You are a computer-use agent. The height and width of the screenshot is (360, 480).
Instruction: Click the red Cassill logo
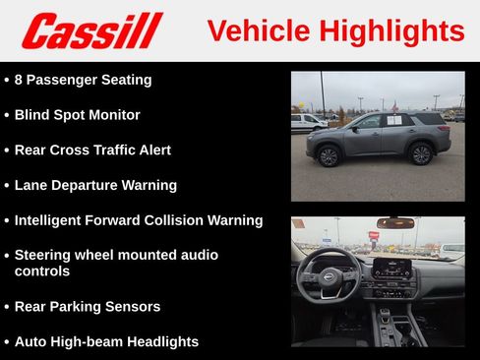(x=91, y=30)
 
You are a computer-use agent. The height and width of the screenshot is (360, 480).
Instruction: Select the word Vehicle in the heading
(x=256, y=30)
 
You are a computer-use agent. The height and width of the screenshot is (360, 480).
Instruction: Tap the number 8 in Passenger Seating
(x=20, y=80)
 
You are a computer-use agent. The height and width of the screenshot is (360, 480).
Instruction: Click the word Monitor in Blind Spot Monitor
(x=112, y=115)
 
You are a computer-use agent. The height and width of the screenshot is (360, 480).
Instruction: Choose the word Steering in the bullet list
(x=45, y=255)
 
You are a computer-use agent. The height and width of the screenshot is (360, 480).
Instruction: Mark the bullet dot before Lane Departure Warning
(x=7, y=186)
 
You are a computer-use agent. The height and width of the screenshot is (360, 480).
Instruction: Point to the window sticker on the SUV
(x=393, y=121)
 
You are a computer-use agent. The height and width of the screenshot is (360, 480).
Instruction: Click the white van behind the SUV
(x=307, y=122)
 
